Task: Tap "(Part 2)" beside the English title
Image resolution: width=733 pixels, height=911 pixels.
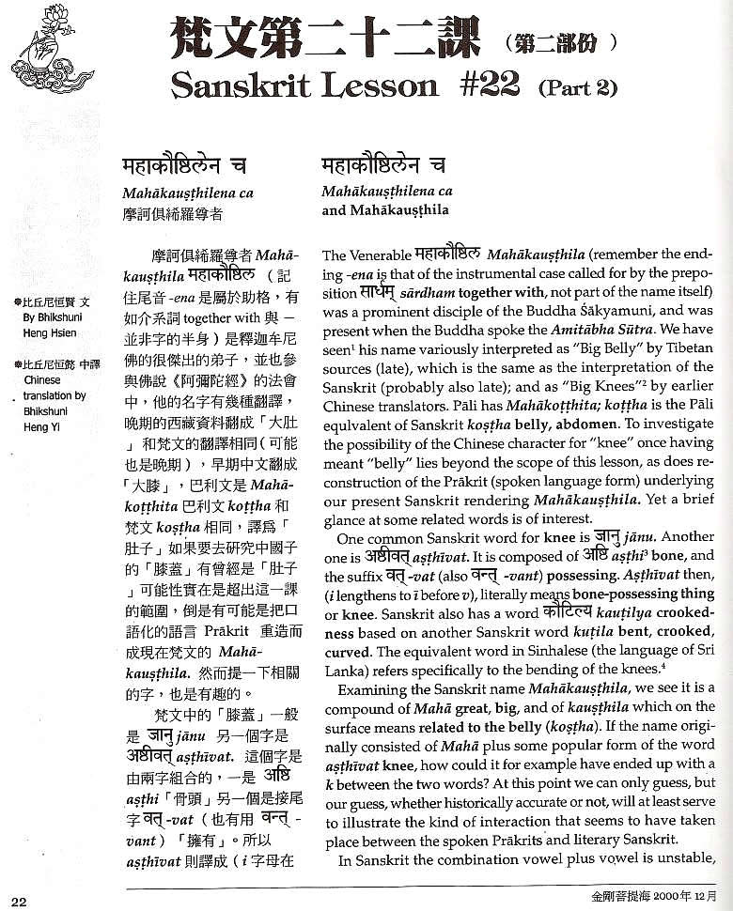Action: (x=577, y=89)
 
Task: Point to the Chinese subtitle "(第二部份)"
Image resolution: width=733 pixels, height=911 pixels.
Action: (x=560, y=41)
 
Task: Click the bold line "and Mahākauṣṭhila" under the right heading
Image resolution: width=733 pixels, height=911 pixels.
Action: (x=385, y=210)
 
